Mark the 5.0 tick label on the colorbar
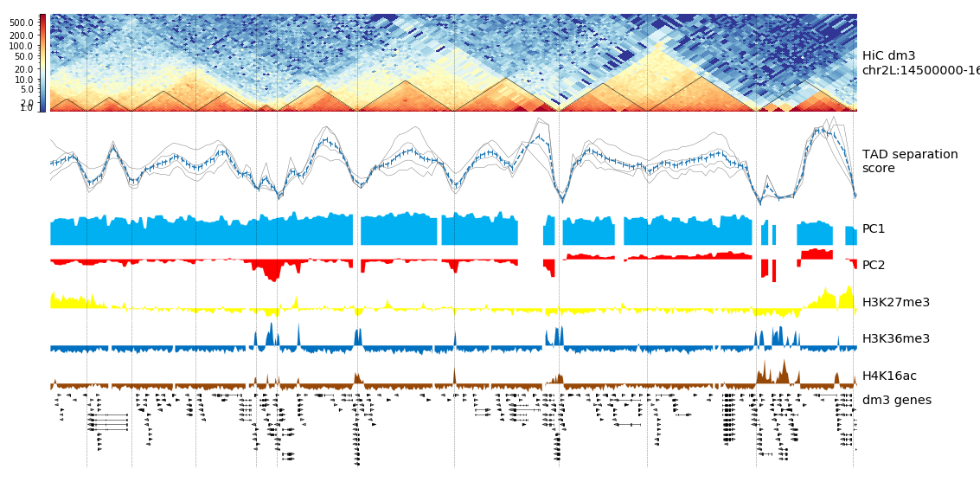pyautogui.click(x=27, y=89)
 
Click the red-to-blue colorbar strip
pyautogui.click(x=42, y=62)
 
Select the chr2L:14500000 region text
pyautogui.click(x=920, y=70)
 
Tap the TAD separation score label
pyautogui.click(x=910, y=161)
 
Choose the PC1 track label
pyautogui.click(x=874, y=229)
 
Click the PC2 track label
pyautogui.click(x=874, y=266)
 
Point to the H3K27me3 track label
pyautogui.click(x=895, y=302)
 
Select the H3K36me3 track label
pyautogui.click(x=895, y=338)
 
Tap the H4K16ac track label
pyautogui.click(x=889, y=376)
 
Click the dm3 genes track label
pyautogui.click(x=896, y=400)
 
